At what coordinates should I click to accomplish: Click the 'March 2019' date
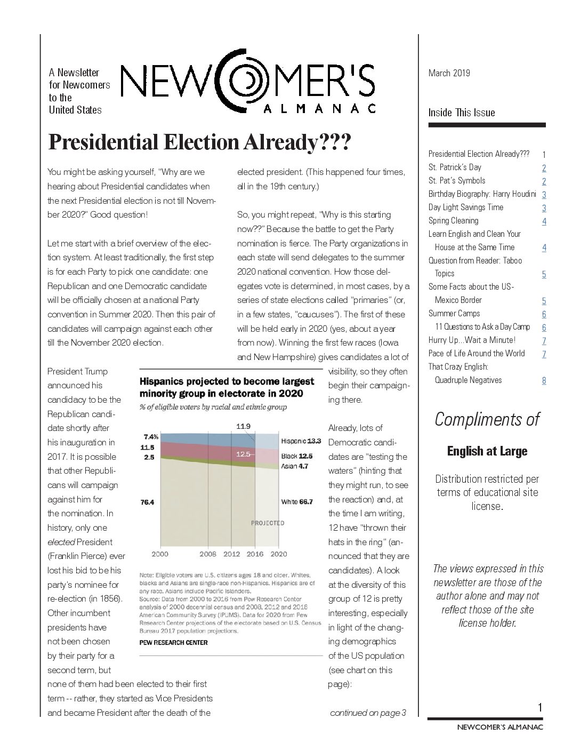pyautogui.click(x=449, y=73)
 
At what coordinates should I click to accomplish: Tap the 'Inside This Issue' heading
pyautogui.click(x=461, y=113)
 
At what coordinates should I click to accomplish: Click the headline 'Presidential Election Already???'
pyautogui.click(x=199, y=142)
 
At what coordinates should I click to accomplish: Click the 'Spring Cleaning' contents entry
pyautogui.click(x=453, y=221)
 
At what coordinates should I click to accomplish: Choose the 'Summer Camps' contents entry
pyautogui.click(x=454, y=314)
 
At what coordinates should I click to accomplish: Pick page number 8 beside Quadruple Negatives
pyautogui.click(x=544, y=381)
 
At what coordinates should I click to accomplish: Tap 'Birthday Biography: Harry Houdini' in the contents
pyautogui.click(x=482, y=194)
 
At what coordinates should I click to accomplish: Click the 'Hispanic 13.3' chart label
pyautogui.click(x=301, y=441)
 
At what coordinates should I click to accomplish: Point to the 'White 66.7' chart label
pyautogui.click(x=297, y=501)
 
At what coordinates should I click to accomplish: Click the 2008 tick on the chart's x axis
pyautogui.click(x=208, y=554)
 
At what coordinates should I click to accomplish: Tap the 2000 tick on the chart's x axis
pyautogui.click(x=160, y=554)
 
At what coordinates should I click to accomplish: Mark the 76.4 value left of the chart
pyautogui.click(x=147, y=502)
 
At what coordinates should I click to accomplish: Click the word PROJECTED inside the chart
pyautogui.click(x=268, y=523)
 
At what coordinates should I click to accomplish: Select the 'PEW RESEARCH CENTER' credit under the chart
pyautogui.click(x=173, y=643)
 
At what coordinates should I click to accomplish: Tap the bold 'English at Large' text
pyautogui.click(x=487, y=451)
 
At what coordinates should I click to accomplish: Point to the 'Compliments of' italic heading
pyautogui.click(x=487, y=420)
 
